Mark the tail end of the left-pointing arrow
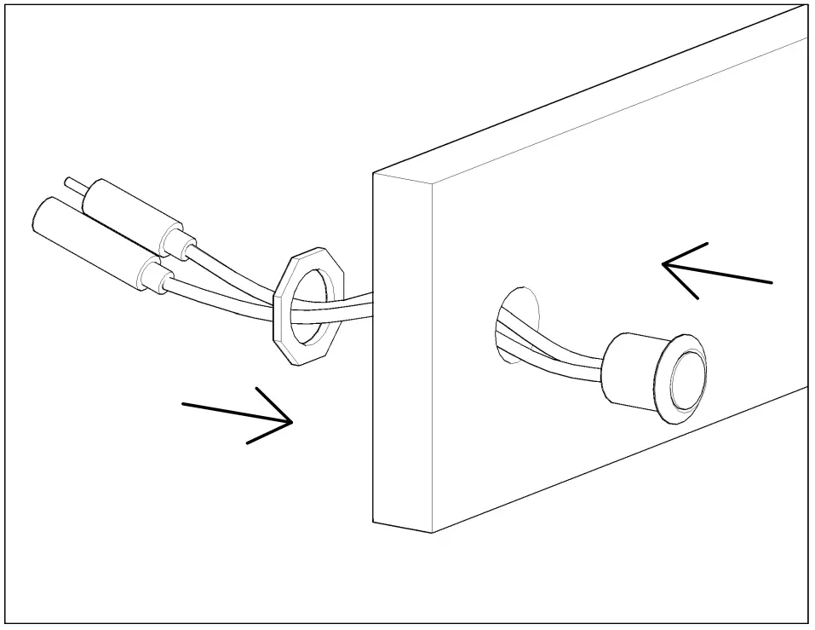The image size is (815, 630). [771, 281]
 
